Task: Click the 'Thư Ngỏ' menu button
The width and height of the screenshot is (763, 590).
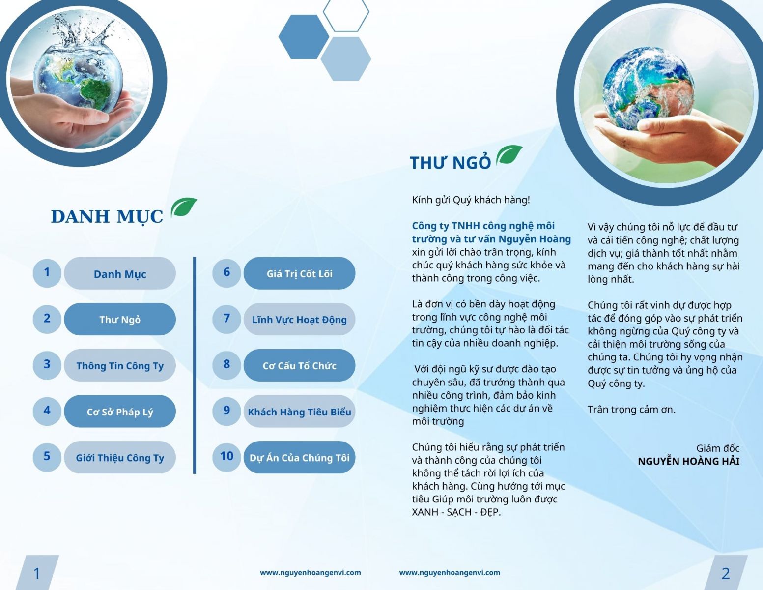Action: (120, 319)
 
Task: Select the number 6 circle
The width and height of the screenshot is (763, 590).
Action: (226, 272)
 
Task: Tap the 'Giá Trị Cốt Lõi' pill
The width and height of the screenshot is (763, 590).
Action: (299, 273)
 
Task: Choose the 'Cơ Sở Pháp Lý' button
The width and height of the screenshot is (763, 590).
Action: (120, 412)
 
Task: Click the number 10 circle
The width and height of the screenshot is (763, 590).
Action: (226, 456)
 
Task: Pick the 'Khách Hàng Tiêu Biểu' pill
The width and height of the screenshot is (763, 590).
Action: (299, 412)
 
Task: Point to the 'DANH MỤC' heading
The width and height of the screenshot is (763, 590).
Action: (107, 216)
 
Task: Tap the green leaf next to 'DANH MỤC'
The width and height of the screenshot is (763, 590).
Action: (183, 207)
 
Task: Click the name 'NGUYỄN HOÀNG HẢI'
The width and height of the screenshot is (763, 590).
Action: (688, 461)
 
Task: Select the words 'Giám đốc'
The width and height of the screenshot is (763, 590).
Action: (718, 448)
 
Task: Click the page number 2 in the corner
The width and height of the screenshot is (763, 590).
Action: (726, 573)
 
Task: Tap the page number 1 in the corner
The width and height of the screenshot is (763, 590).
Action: (36, 573)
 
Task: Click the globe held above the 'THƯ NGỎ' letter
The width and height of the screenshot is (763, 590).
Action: (648, 88)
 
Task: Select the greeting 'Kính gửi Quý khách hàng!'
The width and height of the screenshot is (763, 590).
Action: (471, 200)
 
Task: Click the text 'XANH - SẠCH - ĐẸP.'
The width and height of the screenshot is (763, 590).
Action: (456, 512)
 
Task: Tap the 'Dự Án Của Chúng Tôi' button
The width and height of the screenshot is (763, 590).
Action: (299, 458)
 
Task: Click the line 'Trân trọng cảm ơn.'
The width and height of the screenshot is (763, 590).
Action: (631, 410)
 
